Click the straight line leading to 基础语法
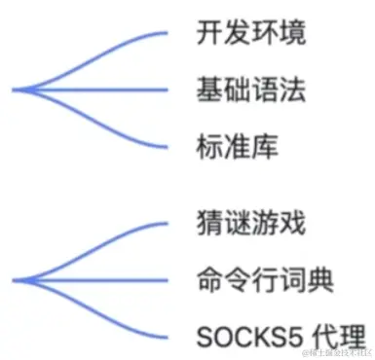coord(107,90)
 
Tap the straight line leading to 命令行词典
coord(107,280)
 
